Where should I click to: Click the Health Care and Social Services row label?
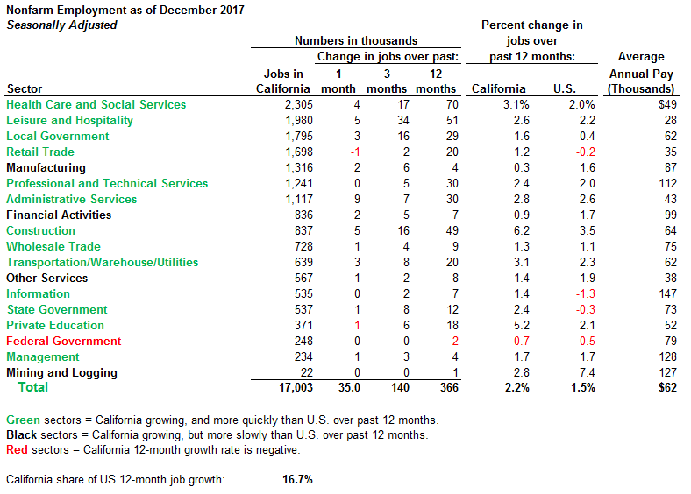(x=96, y=104)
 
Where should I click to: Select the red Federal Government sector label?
(x=63, y=341)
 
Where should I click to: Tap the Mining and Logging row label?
(x=61, y=372)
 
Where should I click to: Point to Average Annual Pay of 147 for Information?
(x=667, y=293)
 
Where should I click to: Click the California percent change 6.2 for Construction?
(x=522, y=230)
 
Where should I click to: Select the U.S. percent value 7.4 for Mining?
(x=587, y=372)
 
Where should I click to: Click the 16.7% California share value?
(x=297, y=479)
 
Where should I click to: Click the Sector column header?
(x=24, y=88)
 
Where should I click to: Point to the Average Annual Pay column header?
(x=641, y=73)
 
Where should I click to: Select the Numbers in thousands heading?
(x=356, y=40)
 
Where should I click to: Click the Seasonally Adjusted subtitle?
(x=61, y=25)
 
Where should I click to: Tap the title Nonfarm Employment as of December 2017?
(x=125, y=10)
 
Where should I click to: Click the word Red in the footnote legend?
(x=17, y=450)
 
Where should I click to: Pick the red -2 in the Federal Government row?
(x=449, y=341)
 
